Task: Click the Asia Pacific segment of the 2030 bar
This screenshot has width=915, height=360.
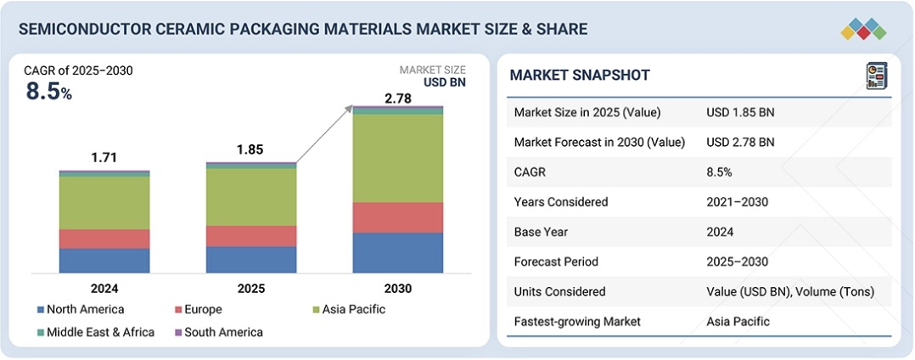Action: pyautogui.click(x=397, y=158)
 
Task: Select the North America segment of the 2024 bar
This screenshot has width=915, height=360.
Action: pyautogui.click(x=104, y=261)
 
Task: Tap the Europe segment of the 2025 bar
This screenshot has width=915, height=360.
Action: pyautogui.click(x=251, y=236)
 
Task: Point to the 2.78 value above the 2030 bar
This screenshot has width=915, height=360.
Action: pyautogui.click(x=398, y=99)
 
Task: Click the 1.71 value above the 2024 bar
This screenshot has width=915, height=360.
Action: pyautogui.click(x=104, y=157)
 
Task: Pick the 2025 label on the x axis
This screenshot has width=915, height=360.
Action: pyautogui.click(x=251, y=289)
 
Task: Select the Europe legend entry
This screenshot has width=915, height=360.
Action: pyautogui.click(x=204, y=309)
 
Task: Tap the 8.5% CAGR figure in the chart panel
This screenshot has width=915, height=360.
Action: pyautogui.click(x=48, y=92)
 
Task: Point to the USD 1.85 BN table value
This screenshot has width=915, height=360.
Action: pyautogui.click(x=739, y=112)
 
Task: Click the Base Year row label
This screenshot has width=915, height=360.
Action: pyautogui.click(x=541, y=232)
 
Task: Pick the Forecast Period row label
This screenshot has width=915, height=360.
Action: pyautogui.click(x=556, y=262)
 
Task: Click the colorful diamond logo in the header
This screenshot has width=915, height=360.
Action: pyautogui.click(x=863, y=28)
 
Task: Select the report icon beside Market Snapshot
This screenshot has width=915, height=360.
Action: pyautogui.click(x=876, y=76)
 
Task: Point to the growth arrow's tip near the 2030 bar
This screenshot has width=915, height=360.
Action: pyautogui.click(x=353, y=107)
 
